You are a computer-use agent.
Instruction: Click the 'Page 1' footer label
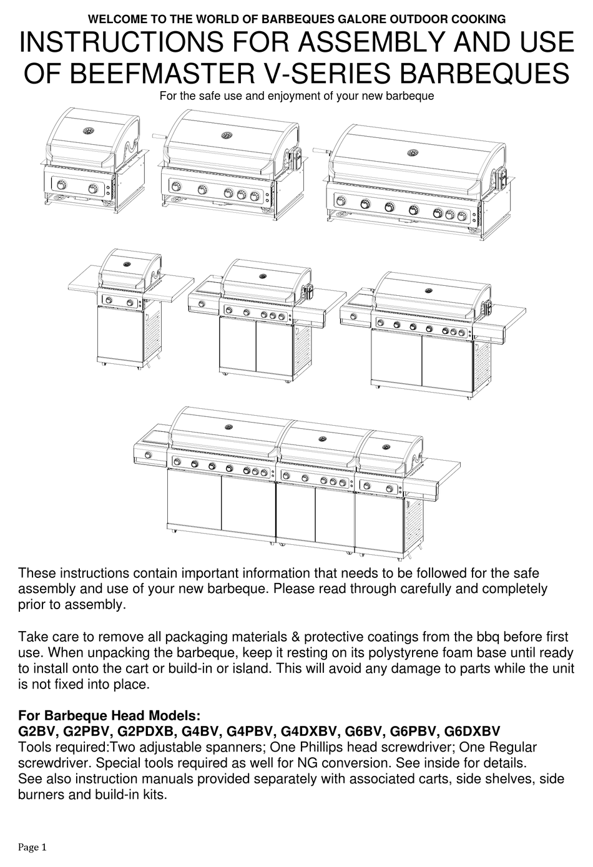click(32, 847)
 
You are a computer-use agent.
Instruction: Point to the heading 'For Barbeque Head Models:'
click(109, 715)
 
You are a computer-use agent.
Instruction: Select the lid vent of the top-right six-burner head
click(413, 152)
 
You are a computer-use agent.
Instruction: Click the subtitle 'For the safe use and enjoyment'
click(296, 96)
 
